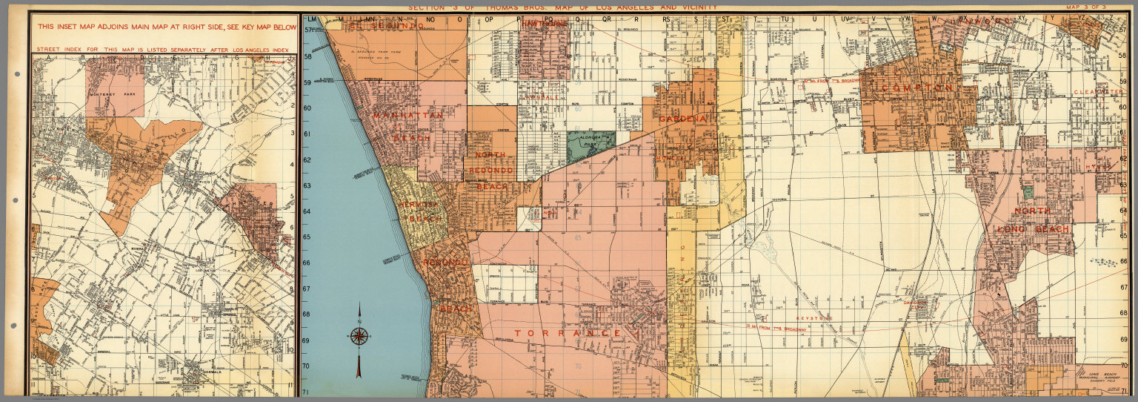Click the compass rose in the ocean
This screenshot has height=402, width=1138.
coord(359,336)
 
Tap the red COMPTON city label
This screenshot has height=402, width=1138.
coord(917,88)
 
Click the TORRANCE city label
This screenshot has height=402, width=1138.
coord(568,334)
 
